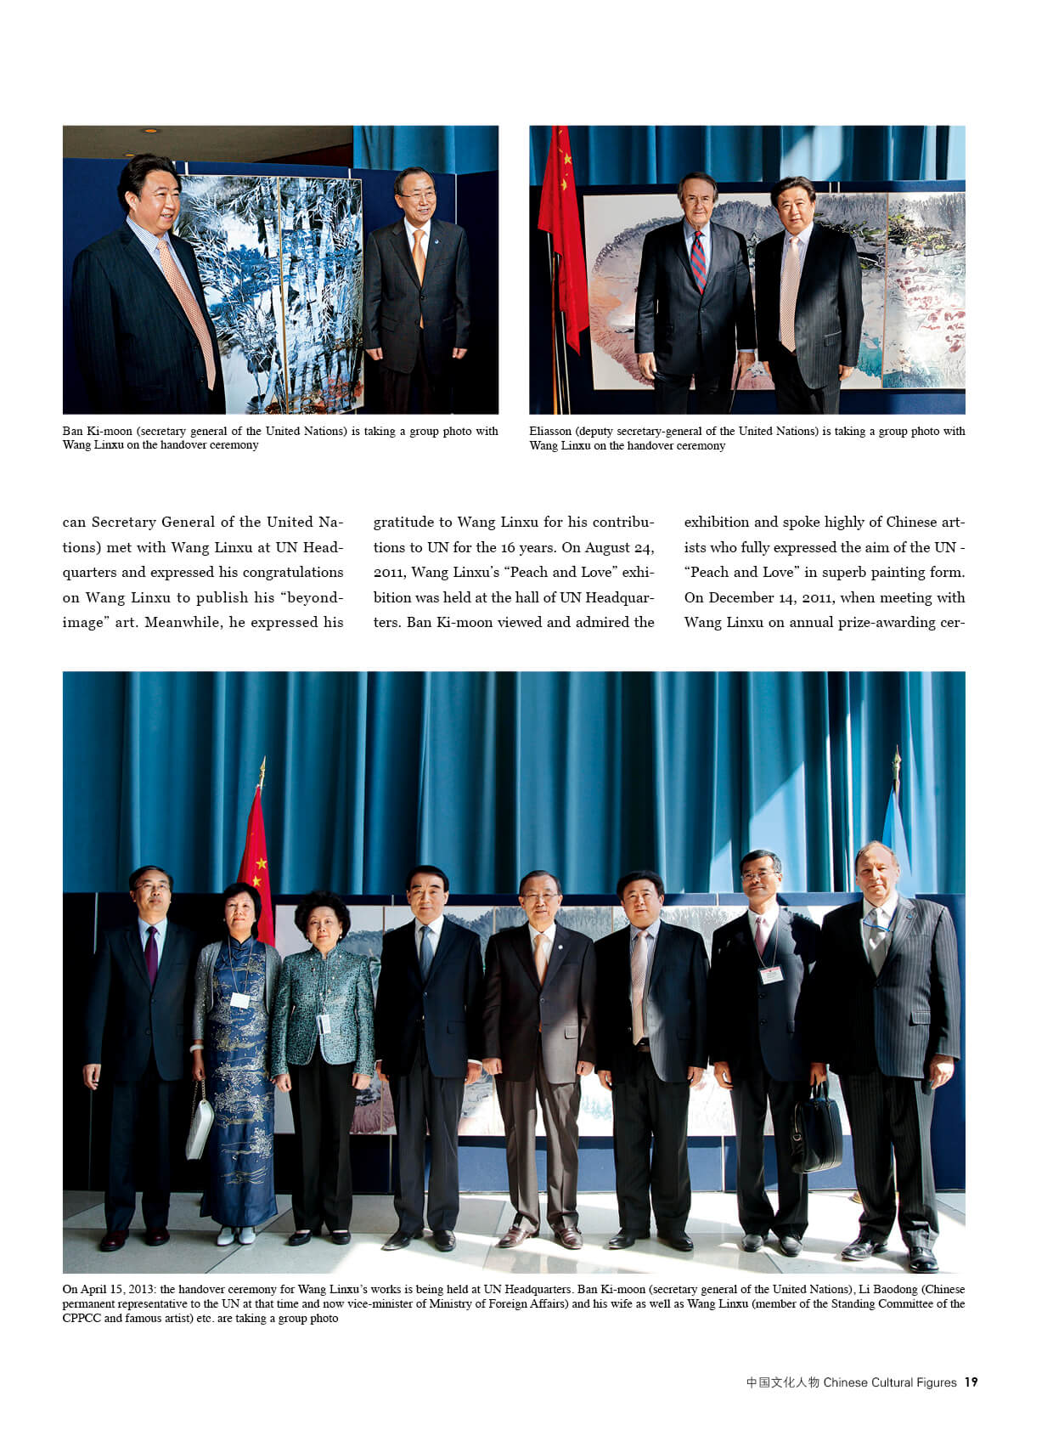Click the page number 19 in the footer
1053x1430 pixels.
tap(971, 1382)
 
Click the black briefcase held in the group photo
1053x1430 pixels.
tap(815, 1129)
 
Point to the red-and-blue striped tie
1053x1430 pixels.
tap(698, 260)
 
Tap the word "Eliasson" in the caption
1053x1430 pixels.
tap(550, 431)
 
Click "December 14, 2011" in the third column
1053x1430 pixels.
tap(759, 597)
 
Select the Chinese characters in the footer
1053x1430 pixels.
tap(782, 1382)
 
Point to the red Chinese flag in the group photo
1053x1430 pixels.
tap(256, 867)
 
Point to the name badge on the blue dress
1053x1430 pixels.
tap(239, 1000)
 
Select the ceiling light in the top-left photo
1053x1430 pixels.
tap(150, 131)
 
